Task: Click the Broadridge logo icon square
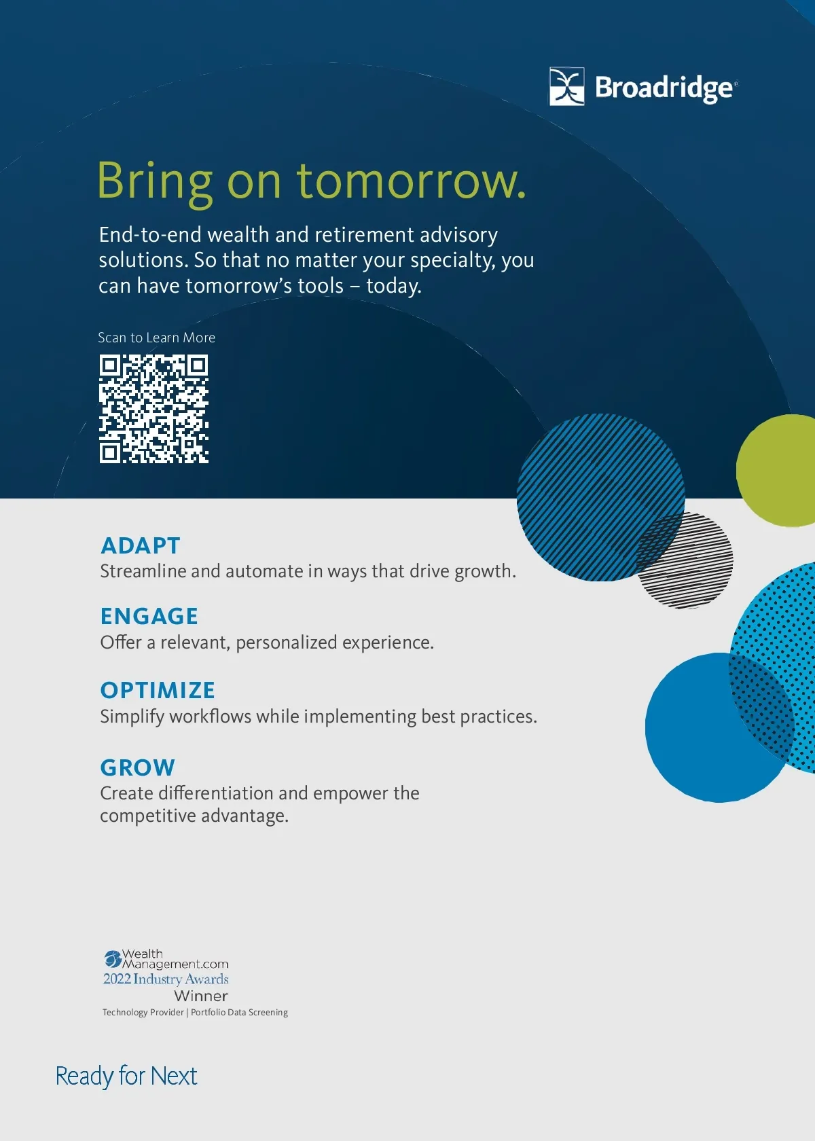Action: tap(566, 87)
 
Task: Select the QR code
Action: tap(153, 409)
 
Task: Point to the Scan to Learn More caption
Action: tap(156, 337)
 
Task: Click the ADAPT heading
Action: tap(140, 545)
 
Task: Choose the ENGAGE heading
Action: tap(149, 617)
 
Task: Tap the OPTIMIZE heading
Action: tap(158, 690)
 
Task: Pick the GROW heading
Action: tap(137, 767)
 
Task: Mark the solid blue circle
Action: tap(719, 727)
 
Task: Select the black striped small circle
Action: tap(685, 561)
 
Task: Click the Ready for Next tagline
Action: tap(126, 1076)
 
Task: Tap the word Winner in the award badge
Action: tap(201, 996)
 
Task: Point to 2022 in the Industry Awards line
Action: tap(117, 979)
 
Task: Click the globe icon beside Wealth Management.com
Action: tap(113, 959)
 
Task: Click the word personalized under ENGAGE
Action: tap(287, 642)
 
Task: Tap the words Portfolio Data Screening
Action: tap(239, 1012)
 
